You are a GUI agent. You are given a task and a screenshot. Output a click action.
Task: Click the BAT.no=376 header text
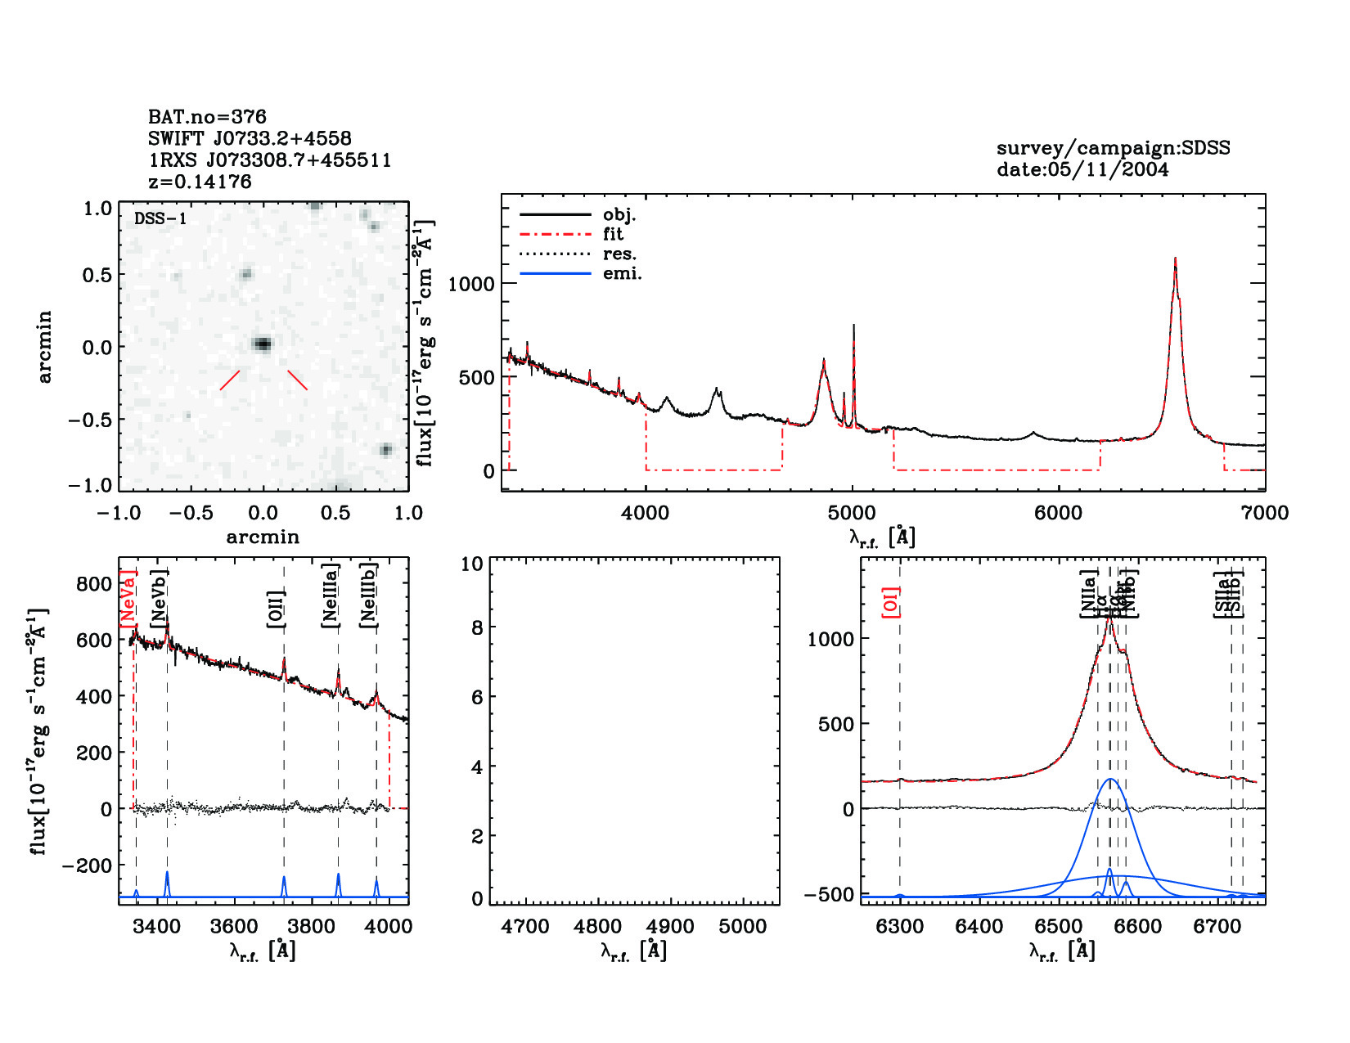207,117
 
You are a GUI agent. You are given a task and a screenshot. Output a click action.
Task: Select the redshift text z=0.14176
200,182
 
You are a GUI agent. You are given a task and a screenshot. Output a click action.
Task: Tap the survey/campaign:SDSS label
1113,148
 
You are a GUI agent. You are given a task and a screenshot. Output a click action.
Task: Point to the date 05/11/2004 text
1082,169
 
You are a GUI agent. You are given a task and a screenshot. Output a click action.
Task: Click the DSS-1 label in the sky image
160,218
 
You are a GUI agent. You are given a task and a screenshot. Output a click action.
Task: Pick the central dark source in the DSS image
262,344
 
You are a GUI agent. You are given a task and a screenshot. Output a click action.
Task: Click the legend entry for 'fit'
614,234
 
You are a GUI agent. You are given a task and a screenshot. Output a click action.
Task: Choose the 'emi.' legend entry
622,273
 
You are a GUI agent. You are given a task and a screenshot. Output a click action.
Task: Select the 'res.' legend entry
619,254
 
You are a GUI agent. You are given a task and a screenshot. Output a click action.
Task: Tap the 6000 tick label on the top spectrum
1058,513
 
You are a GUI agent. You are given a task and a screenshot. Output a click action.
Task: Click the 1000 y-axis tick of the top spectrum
471,284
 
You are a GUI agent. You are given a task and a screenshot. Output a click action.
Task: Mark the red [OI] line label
891,602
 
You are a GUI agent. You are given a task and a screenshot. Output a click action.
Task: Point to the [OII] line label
277,609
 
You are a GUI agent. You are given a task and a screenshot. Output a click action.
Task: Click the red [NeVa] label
128,599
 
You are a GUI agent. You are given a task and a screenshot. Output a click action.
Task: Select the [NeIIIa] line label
330,596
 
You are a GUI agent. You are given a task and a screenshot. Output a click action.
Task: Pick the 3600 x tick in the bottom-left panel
234,927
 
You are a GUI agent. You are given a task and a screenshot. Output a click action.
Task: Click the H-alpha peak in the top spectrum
1175,260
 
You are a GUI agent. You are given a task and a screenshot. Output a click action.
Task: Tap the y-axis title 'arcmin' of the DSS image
45,346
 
